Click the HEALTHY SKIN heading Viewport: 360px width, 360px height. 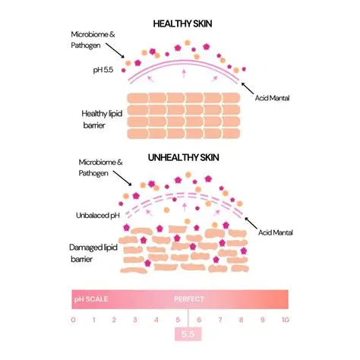[x=182, y=24]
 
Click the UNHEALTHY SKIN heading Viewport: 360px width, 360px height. [x=184, y=158]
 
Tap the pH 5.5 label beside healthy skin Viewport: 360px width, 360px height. [x=103, y=70]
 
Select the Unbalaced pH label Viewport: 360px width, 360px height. [x=98, y=216]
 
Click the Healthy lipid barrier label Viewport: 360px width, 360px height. [x=102, y=119]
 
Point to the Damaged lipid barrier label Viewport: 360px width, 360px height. [x=93, y=253]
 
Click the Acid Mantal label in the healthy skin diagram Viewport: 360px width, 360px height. [x=272, y=98]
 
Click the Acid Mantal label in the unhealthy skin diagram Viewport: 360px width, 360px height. [x=276, y=232]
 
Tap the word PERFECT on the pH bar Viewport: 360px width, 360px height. [x=189, y=299]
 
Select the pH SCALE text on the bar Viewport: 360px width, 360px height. [x=91, y=299]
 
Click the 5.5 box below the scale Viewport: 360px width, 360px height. [x=188, y=334]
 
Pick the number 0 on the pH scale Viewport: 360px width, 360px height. [x=74, y=320]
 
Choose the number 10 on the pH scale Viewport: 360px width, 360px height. [x=286, y=320]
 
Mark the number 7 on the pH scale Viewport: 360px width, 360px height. [x=220, y=320]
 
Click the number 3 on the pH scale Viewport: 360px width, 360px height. [x=135, y=320]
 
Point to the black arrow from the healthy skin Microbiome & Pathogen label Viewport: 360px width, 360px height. [x=115, y=51]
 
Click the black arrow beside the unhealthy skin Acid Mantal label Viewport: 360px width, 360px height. [x=251, y=223]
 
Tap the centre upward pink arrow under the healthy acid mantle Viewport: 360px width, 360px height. [x=184, y=73]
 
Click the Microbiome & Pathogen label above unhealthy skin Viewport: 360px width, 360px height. [x=100, y=168]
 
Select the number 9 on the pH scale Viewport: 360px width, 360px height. [x=263, y=320]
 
